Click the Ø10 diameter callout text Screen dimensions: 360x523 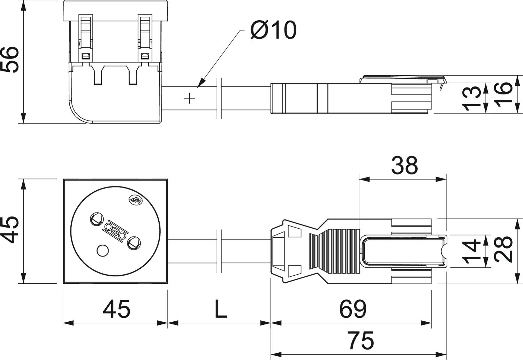tap(273, 30)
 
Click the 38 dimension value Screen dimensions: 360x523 tap(404, 166)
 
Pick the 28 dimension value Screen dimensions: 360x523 tap(503, 249)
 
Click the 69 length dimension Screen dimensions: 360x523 tap(353, 309)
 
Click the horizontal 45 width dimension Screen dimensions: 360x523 tap(116, 309)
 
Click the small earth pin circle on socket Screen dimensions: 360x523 tap(102, 250)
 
